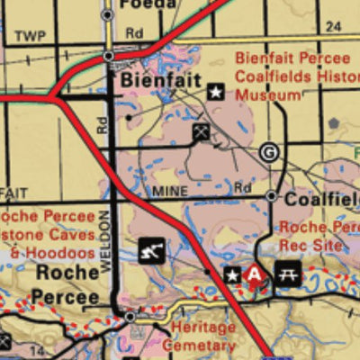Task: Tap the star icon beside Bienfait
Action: [216, 91]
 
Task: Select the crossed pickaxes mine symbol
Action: [201, 132]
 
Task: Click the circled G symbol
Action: [268, 152]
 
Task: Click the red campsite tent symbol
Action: [256, 274]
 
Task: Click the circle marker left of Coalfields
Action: [271, 196]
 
